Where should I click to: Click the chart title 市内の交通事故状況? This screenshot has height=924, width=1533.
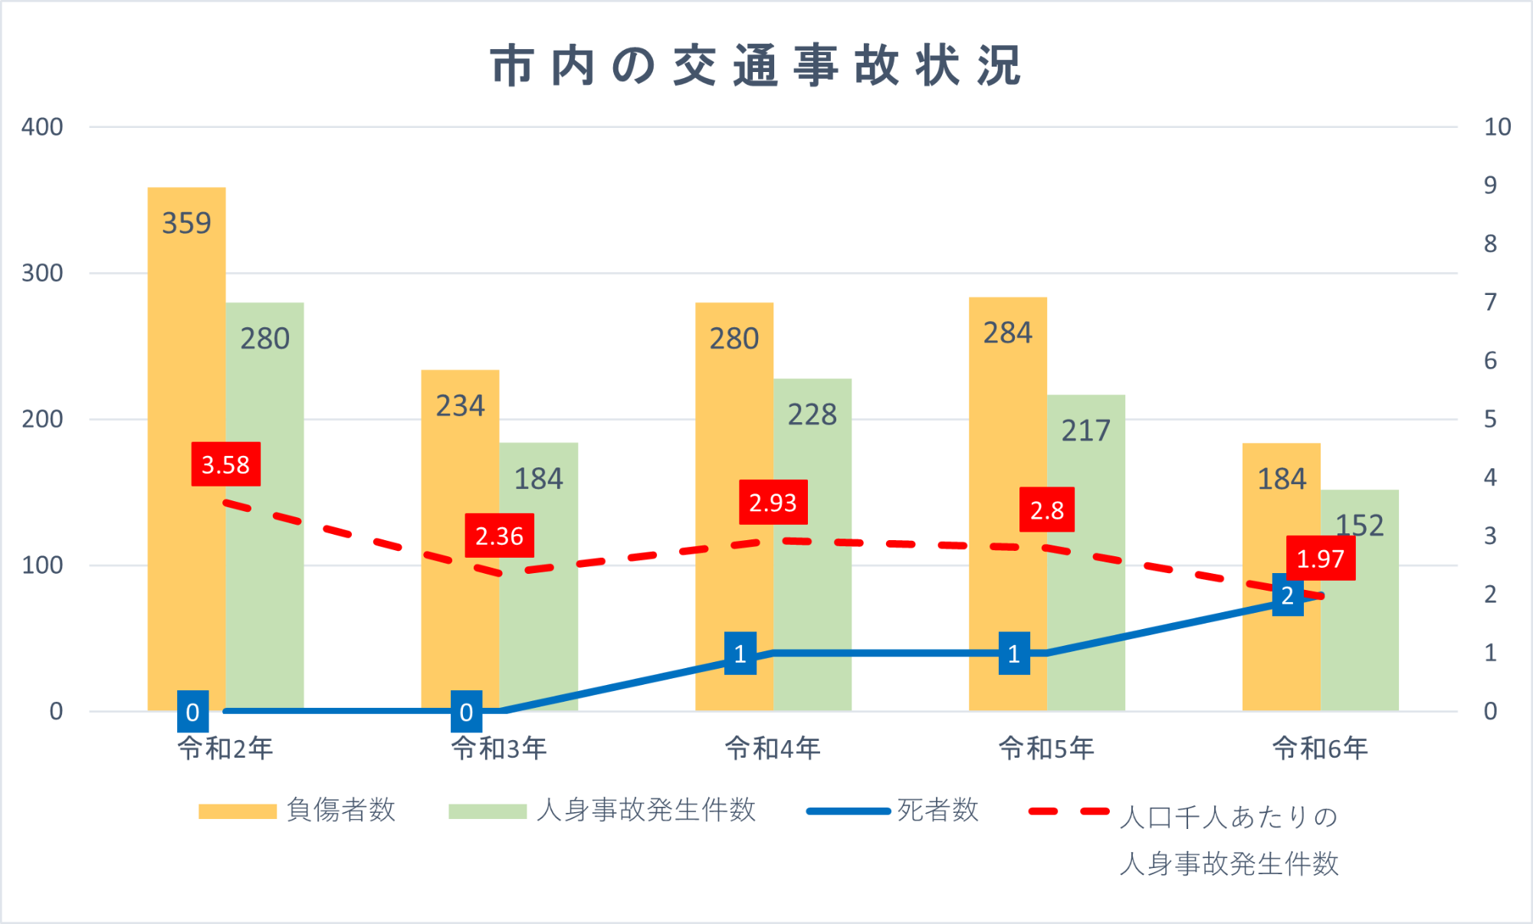756,66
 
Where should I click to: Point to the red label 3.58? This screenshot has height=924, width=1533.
225,464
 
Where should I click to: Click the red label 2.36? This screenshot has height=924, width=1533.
499,536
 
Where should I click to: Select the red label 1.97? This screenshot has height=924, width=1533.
1320,559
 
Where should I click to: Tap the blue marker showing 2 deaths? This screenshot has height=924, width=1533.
1288,595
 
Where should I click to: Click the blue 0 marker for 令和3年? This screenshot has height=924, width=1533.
466,712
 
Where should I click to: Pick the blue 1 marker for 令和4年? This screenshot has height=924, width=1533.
740,654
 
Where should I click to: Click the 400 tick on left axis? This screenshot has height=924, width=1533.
42,127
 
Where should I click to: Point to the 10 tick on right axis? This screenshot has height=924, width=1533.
1497,127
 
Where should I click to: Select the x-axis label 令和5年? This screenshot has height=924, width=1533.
1046,748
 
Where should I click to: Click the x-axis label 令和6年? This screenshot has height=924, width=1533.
1320,748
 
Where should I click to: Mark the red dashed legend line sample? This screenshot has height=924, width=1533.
1069,811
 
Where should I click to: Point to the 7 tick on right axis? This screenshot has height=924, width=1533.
1490,303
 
